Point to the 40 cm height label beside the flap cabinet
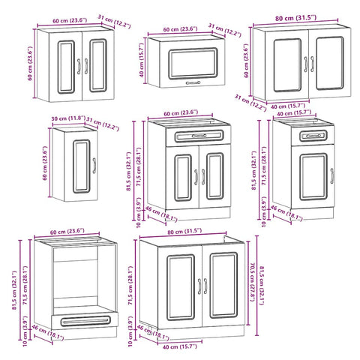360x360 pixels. point(141,58)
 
